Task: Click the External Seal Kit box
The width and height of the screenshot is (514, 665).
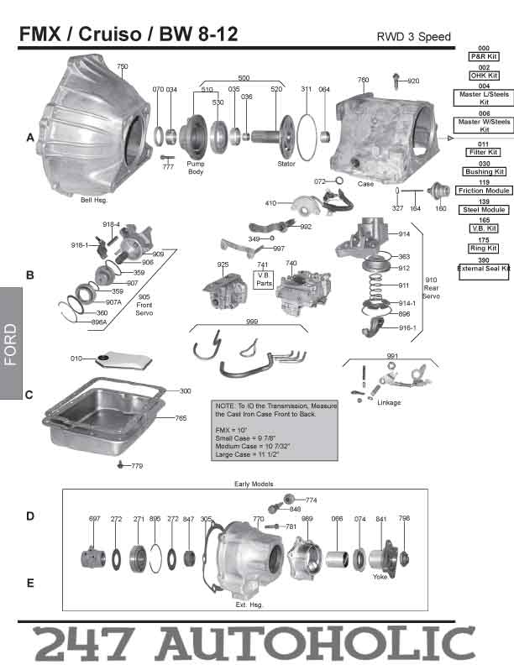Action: coord(484,268)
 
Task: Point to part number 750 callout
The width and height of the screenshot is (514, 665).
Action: coord(122,66)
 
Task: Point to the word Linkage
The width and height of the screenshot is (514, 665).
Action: coord(390,402)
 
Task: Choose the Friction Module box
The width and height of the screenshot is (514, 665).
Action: coord(484,191)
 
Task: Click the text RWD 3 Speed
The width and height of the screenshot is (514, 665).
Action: coord(414,37)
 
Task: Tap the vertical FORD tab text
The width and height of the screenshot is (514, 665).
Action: coord(10,344)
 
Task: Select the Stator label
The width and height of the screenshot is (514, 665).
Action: coord(286,164)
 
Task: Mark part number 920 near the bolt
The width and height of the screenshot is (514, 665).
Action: coord(413,81)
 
